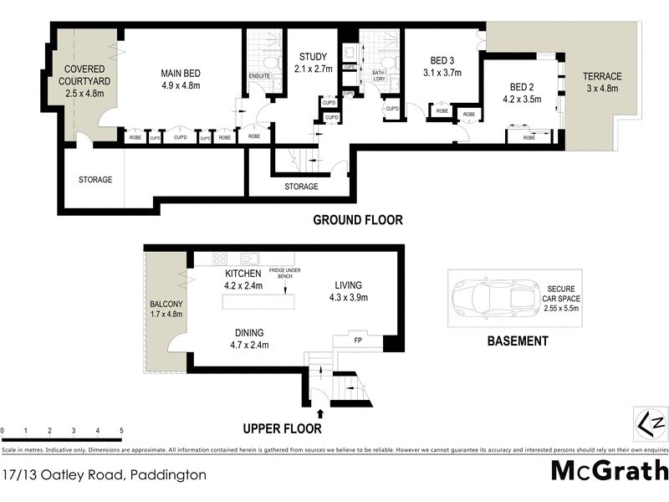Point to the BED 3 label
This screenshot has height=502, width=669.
(x=442, y=67)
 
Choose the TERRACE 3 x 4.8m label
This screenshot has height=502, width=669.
(x=602, y=83)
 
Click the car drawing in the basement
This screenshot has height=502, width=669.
(x=492, y=296)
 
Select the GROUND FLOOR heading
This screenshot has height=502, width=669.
(x=357, y=220)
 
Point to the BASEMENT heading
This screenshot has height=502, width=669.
(x=518, y=341)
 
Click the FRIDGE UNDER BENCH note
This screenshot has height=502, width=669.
(x=287, y=276)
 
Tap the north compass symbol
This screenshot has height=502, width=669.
(x=649, y=423)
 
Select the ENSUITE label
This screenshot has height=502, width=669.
(x=260, y=74)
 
